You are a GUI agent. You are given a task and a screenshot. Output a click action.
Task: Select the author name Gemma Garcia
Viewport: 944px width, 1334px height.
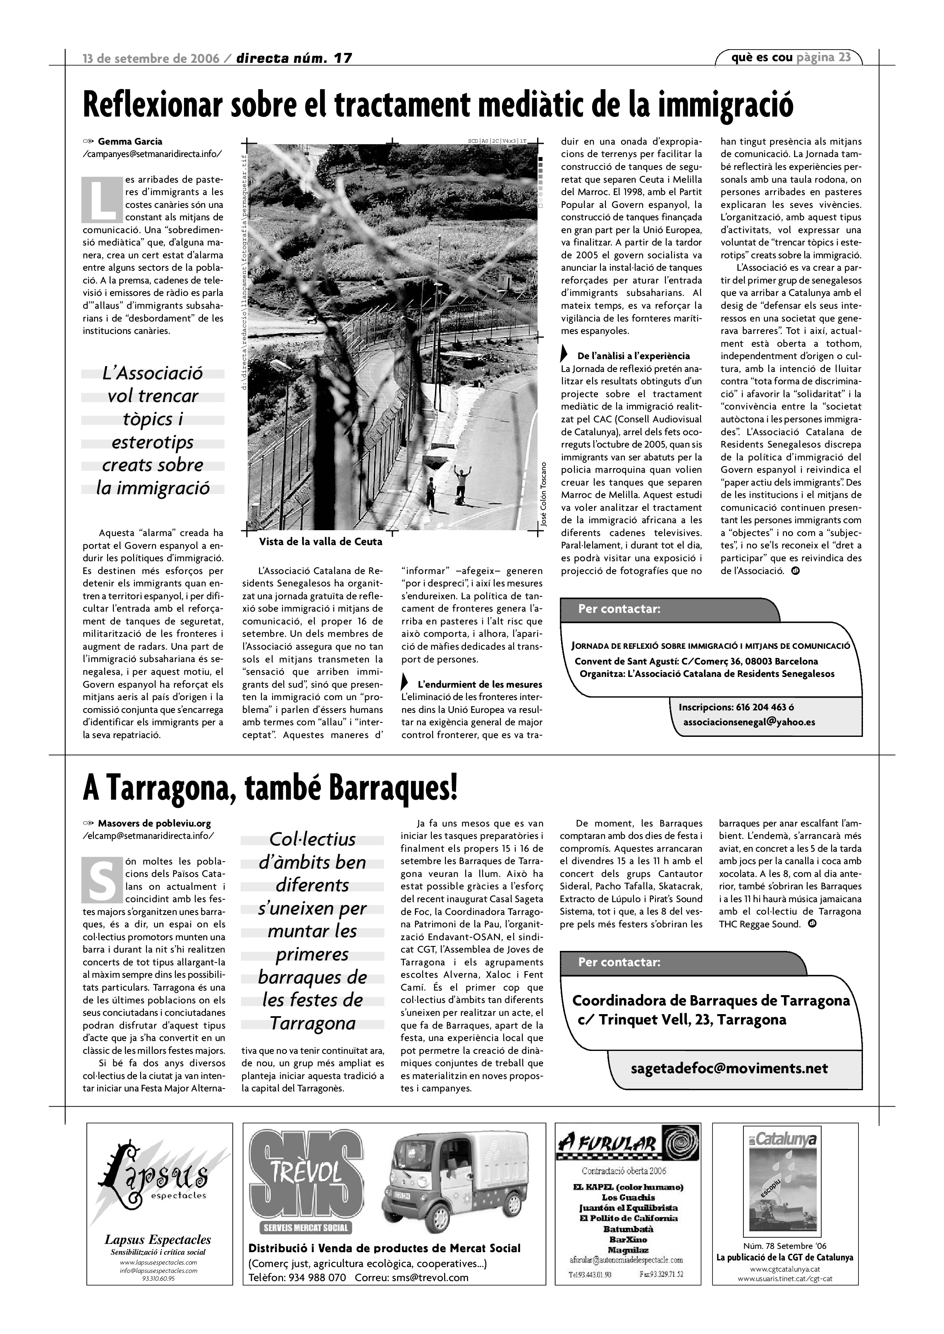point(130,141)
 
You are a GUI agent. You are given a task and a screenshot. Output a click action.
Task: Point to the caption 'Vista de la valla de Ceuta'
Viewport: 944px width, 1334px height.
point(320,541)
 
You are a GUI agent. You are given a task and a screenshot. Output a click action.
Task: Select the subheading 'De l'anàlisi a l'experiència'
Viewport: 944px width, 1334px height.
point(633,355)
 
